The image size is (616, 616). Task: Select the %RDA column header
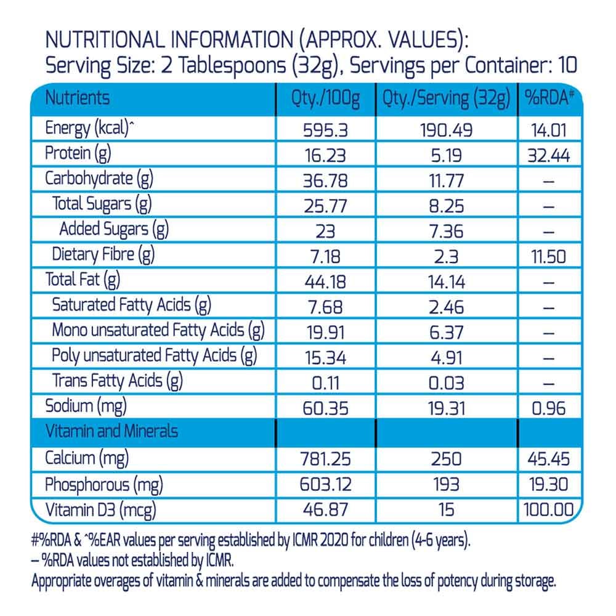[549, 99]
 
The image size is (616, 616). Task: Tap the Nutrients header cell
[78, 98]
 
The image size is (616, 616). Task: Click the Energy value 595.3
[326, 131]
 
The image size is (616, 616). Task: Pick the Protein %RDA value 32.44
[548, 155]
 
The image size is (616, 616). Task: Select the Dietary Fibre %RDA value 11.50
[548, 256]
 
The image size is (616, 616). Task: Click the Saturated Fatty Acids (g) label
[132, 304]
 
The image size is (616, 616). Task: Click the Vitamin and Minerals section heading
[111, 431]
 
